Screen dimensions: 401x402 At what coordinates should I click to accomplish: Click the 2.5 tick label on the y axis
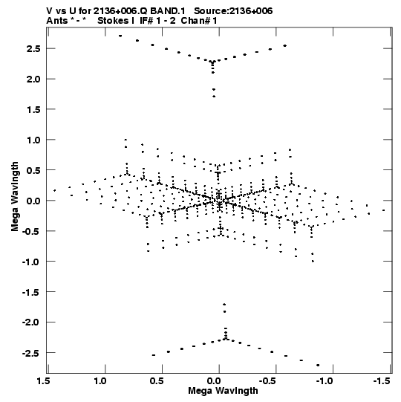[33, 48]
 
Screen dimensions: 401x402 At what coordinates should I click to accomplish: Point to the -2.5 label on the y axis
[31, 353]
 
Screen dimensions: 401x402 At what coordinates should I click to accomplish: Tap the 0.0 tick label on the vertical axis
[33, 201]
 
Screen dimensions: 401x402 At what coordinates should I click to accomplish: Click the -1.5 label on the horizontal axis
[382, 381]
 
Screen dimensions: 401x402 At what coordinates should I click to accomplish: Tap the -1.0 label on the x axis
[325, 381]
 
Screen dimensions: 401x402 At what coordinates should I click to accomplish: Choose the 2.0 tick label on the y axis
[33, 79]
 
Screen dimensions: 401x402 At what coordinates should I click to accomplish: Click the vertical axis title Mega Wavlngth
[15, 197]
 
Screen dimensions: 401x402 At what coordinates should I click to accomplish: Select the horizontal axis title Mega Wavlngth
[223, 391]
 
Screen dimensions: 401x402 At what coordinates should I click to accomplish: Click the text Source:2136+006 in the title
[233, 11]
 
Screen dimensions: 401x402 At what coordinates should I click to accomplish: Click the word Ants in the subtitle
[56, 21]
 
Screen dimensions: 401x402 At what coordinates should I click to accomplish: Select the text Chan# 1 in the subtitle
[199, 21]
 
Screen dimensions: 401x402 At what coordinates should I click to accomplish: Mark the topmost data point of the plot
[120, 36]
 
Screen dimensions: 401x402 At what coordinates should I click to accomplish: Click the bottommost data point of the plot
[318, 365]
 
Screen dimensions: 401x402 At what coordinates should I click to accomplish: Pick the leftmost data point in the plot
[54, 190]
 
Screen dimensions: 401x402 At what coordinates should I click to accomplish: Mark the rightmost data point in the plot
[384, 210]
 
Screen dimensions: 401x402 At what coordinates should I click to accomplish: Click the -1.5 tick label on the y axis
[31, 292]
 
